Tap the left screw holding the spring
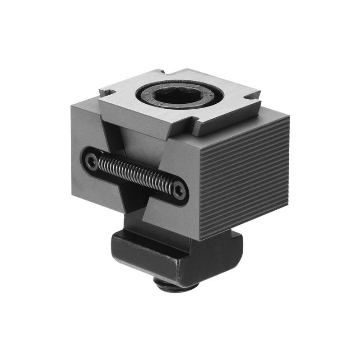coord(92,162)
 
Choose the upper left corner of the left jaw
coord(72,105)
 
